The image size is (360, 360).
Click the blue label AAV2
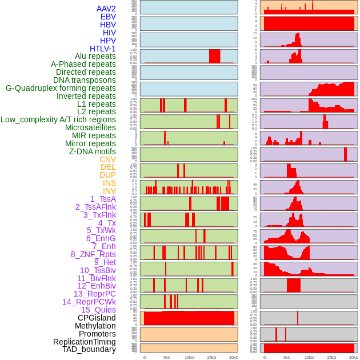click(x=106, y=9)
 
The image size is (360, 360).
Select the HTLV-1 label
click(x=103, y=49)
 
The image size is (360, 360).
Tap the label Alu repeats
click(x=95, y=56)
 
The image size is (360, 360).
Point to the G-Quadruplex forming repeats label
click(x=61, y=88)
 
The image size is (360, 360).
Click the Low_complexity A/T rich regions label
click(x=58, y=119)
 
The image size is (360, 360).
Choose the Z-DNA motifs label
click(x=93, y=151)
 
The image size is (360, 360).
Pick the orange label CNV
click(x=107, y=159)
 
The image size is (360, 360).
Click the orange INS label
click(x=109, y=183)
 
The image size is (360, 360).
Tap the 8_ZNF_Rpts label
click(x=93, y=254)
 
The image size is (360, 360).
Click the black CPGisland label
click(x=97, y=318)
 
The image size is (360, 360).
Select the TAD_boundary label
click(x=89, y=349)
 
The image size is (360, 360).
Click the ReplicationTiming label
click(x=85, y=342)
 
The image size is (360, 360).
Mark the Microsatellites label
click(x=90, y=127)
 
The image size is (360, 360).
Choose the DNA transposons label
click(x=85, y=80)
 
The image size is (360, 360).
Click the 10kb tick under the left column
click(x=189, y=357)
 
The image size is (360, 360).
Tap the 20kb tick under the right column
click(x=354, y=357)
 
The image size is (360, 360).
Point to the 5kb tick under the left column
click(x=167, y=357)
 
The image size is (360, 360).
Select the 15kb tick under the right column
click(x=331, y=357)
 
